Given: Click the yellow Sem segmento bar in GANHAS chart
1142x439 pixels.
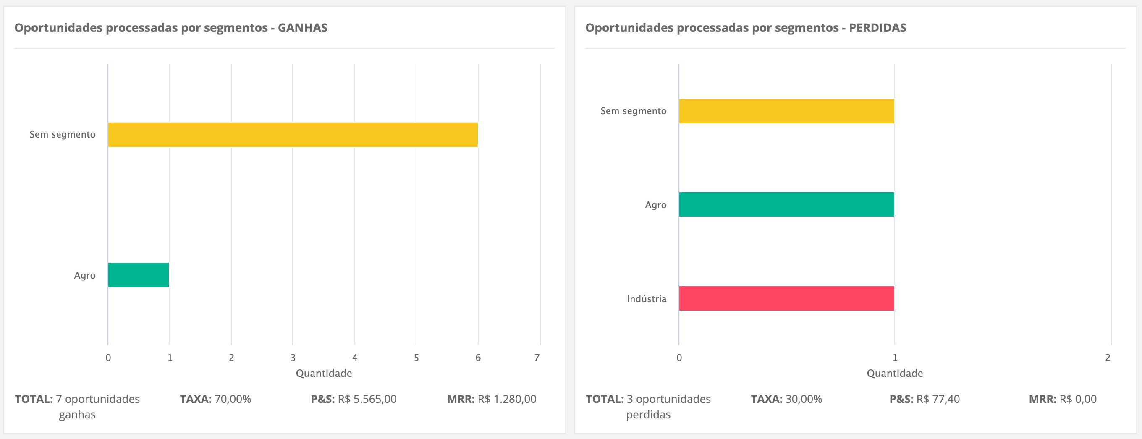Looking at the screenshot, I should (293, 135).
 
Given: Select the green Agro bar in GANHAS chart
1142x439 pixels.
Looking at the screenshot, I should (138, 275).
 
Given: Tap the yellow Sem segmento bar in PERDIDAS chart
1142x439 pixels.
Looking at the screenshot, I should (786, 111).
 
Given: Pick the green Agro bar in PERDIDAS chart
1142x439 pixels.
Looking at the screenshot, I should (786, 205).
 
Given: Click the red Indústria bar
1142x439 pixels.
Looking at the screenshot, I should (786, 298).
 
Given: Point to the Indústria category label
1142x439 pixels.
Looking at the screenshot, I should (647, 299).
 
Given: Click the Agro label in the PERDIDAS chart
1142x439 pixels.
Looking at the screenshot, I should (656, 205).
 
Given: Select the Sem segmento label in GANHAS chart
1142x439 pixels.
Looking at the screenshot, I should (63, 135).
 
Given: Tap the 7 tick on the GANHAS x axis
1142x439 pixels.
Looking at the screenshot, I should (537, 358).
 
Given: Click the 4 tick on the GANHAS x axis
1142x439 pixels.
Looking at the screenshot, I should (355, 358).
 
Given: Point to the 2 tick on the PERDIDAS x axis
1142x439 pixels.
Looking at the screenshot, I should (1108, 358).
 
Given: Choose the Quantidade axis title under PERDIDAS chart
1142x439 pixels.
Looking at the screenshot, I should (895, 374).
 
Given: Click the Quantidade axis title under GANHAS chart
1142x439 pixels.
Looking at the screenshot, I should (324, 374).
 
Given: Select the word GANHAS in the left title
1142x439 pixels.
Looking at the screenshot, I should (302, 28).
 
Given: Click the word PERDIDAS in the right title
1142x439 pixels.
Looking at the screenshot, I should (877, 28).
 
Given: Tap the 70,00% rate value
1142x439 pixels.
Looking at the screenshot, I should (233, 399).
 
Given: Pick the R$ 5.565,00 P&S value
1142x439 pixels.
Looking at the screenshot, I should (367, 399).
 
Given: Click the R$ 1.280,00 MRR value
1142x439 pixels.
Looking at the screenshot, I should (507, 399).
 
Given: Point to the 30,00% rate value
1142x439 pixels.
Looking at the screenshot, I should (804, 399).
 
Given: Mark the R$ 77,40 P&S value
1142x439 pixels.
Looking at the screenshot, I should (938, 399).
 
